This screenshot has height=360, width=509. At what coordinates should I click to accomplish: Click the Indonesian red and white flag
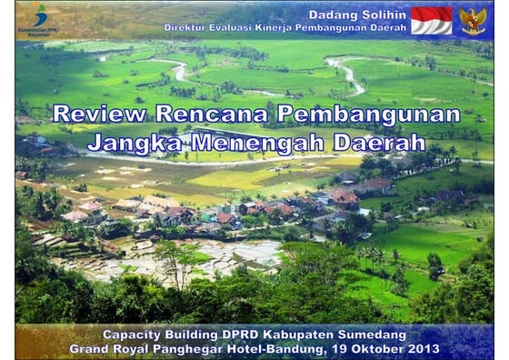431,21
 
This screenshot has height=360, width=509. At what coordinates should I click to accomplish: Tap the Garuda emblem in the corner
473,21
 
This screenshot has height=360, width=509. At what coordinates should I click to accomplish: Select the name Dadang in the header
334,15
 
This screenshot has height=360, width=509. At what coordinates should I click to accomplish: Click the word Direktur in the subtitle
189,27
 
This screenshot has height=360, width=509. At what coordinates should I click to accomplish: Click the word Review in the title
99,114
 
